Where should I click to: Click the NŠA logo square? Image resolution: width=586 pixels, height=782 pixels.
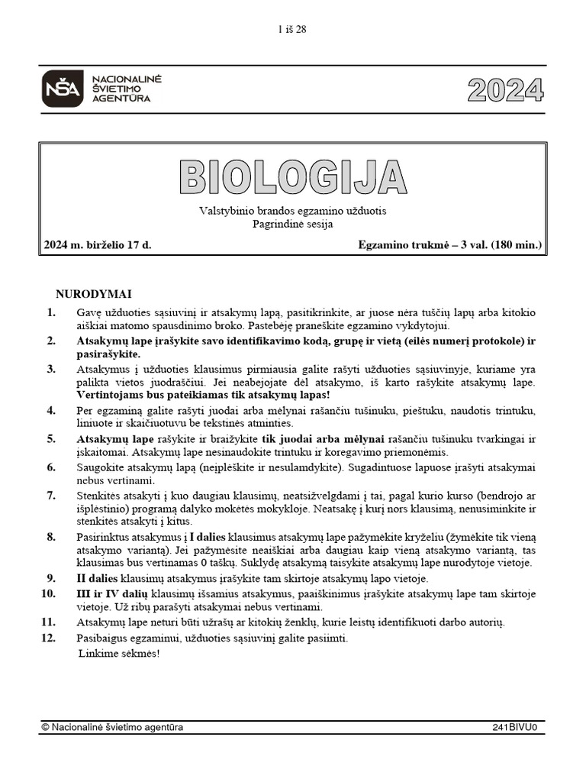[x=62, y=88]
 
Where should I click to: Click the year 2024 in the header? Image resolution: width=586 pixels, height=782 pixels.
[x=506, y=90]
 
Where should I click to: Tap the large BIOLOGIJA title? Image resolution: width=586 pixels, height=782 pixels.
[x=293, y=176]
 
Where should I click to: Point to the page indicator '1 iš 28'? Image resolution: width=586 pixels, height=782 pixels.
[x=292, y=30]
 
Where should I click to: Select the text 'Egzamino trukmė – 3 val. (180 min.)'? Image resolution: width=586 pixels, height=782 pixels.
[x=449, y=245]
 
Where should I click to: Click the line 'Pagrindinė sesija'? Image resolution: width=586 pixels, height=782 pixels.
[x=292, y=224]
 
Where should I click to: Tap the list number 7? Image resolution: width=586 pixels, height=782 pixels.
[x=51, y=495]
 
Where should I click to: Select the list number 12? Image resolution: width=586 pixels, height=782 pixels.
[x=49, y=638]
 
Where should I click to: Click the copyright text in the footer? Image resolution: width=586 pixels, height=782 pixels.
[x=112, y=728]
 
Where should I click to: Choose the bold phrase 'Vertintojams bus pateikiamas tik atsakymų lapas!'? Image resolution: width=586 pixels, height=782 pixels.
[x=202, y=396]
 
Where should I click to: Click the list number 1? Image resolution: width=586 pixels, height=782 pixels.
[x=51, y=312]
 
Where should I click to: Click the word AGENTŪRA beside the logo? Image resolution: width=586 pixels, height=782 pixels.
[x=121, y=99]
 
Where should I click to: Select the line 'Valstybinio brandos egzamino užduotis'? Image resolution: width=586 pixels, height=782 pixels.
[x=292, y=211]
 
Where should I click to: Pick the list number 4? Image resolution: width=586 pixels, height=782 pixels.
[x=51, y=410]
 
